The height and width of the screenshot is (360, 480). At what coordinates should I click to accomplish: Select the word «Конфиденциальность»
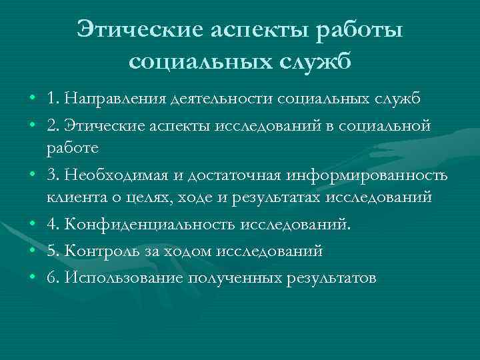coord(137,225)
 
